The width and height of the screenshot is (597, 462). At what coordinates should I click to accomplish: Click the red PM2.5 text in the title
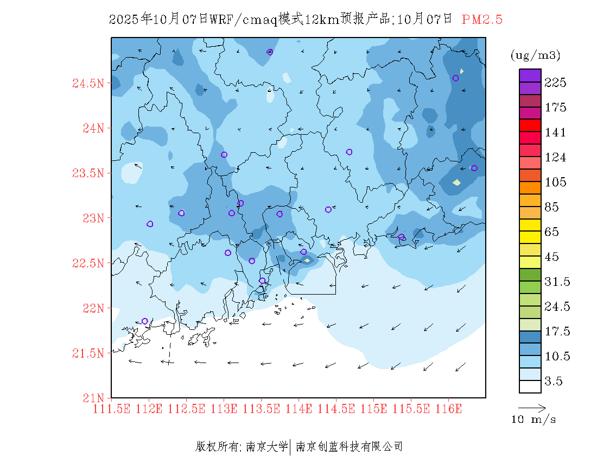[482, 20]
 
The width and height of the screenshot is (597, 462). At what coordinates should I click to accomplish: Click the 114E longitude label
[298, 409]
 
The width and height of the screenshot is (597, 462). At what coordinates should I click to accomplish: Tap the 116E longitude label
[448, 409]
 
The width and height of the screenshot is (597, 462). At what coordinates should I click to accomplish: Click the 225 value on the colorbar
[555, 83]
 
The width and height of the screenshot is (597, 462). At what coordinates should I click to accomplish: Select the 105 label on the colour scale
[555, 182]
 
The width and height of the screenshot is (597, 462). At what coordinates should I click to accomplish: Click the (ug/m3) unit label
[535, 55]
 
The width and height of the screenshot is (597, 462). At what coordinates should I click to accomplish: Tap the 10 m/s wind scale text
[534, 420]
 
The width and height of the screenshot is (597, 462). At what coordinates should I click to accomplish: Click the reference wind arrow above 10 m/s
[532, 407]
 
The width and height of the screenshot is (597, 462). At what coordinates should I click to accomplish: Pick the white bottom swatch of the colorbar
[530, 386]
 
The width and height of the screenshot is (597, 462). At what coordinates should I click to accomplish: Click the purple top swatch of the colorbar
[530, 76]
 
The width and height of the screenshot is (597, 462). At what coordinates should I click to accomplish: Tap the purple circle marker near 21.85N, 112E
[145, 321]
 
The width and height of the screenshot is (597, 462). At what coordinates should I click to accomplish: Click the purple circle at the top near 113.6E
[270, 52]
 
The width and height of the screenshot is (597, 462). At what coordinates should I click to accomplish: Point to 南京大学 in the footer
[266, 447]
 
